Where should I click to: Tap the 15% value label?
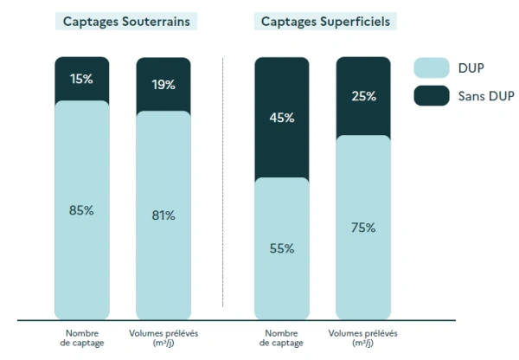tap(82, 79)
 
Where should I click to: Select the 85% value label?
tap(82, 210)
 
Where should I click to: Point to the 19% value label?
tap(164, 84)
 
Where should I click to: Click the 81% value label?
tap(164, 215)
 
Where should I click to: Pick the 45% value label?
tap(281, 117)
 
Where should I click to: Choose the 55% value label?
tap(281, 248)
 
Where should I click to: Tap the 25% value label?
tap(363, 96)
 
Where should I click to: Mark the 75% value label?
tap(363, 228)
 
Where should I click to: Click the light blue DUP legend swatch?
tap(432, 67)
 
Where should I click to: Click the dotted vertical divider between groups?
tap(222, 182)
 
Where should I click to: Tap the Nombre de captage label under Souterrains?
tap(82, 337)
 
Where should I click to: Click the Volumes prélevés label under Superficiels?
tap(363, 337)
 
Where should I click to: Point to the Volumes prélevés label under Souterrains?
tap(164, 337)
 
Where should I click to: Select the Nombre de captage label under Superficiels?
tap(281, 337)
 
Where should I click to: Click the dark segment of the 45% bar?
tap(281, 147)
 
